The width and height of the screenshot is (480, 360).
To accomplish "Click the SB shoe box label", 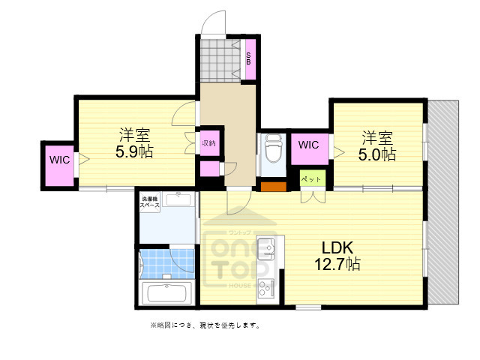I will coord(250,58).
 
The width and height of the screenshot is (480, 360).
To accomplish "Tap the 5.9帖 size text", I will coord(134,151).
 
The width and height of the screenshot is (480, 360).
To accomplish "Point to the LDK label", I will coord(337,248).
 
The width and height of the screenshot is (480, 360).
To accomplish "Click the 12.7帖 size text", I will coord(337,264).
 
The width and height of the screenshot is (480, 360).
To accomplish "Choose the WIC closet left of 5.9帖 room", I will coord(58,160).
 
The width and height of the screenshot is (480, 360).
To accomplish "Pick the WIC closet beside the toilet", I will coord(308,145).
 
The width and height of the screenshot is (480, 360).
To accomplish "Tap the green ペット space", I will coord(311,179).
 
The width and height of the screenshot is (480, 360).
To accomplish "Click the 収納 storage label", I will coord(208,142).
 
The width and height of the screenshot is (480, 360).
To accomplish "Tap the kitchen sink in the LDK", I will coord(268,247).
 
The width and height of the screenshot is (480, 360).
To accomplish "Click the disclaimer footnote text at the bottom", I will coord(204,325).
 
